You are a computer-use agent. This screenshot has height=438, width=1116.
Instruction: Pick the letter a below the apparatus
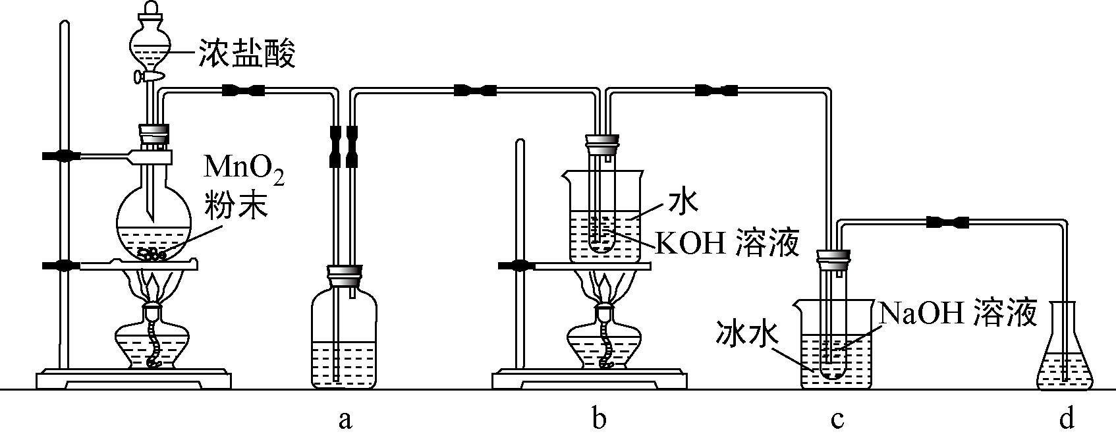coord(344,418)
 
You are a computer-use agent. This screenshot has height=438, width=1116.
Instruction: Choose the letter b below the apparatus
coord(598,418)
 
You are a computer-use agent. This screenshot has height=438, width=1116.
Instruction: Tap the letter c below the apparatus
coord(837,418)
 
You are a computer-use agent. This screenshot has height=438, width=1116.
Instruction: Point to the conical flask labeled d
coord(1065,356)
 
